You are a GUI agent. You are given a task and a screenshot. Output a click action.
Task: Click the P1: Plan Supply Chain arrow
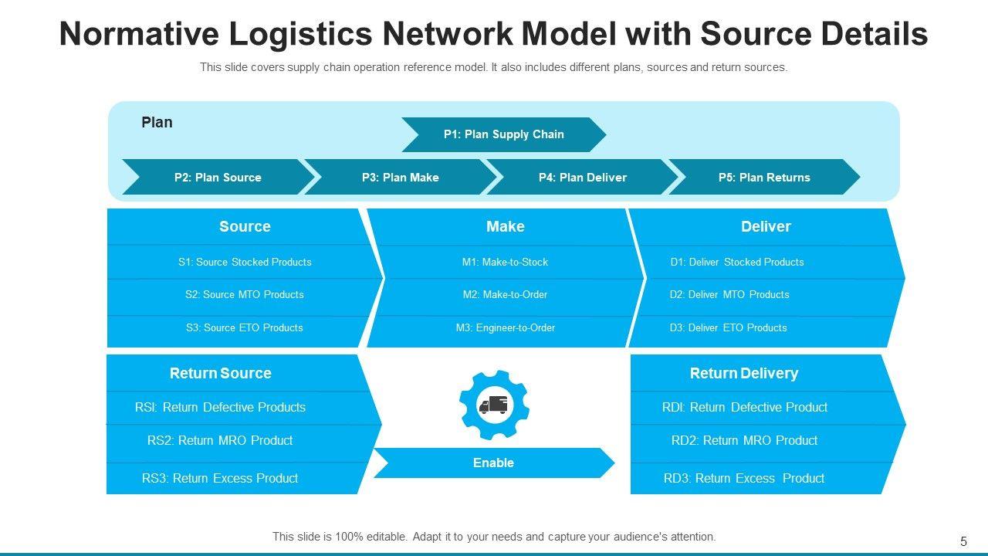click(x=504, y=134)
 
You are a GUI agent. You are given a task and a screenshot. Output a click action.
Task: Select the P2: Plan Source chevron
click(x=218, y=177)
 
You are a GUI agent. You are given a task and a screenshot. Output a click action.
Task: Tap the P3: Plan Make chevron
click(x=401, y=177)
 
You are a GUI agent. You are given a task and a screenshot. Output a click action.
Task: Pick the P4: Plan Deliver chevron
click(x=582, y=177)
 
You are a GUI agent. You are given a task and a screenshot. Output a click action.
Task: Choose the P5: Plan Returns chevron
click(x=764, y=177)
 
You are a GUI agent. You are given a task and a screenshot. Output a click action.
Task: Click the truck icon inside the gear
click(x=493, y=405)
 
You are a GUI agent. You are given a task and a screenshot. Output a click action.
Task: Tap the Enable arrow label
click(x=493, y=463)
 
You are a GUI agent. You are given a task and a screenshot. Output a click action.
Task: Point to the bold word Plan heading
click(x=157, y=122)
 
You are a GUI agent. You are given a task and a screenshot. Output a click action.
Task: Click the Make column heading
click(x=505, y=226)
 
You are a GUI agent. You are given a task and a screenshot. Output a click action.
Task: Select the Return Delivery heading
click(x=744, y=373)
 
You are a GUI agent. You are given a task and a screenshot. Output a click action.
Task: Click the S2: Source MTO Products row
click(x=245, y=294)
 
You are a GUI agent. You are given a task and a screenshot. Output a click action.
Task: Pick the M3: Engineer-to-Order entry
click(x=506, y=328)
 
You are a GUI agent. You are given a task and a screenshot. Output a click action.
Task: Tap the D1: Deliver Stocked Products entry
click(x=737, y=262)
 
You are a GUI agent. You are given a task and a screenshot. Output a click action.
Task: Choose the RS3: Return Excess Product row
click(x=220, y=478)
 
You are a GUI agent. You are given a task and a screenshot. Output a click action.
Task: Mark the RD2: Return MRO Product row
click(x=745, y=440)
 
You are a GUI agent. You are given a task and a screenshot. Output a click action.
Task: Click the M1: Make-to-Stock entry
click(x=505, y=262)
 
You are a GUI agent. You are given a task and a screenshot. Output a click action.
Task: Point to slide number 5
click(x=963, y=541)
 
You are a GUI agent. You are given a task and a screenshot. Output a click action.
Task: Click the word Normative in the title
click(x=139, y=34)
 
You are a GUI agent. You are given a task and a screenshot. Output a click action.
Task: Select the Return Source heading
click(x=221, y=373)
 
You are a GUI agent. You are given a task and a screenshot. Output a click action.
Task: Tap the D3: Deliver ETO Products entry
click(x=728, y=328)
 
